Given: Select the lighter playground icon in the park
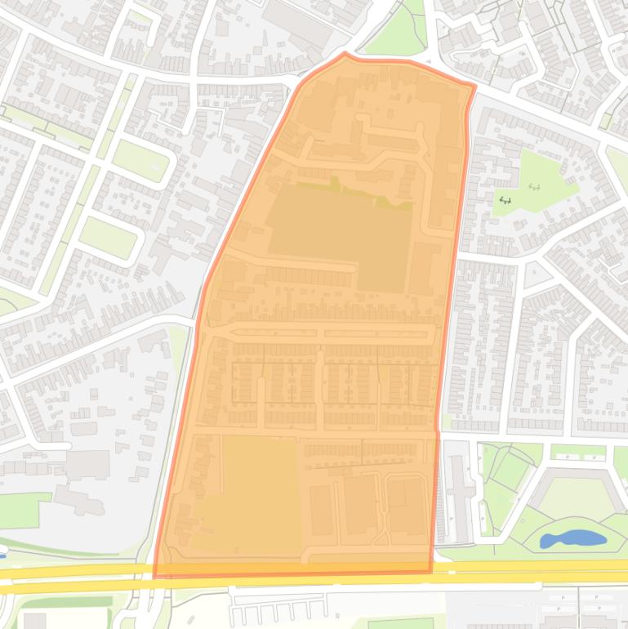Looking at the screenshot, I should click(535, 187).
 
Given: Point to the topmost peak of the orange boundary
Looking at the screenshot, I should click(345, 54).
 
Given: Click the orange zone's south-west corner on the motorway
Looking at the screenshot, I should click(155, 576).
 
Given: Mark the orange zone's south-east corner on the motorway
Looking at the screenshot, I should click(430, 570).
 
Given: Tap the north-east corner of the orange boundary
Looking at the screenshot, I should click(474, 85).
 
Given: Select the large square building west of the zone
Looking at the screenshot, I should click(87, 465).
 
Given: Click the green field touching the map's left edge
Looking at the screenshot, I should click(18, 511).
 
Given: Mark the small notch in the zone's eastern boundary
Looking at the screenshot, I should click(438, 424).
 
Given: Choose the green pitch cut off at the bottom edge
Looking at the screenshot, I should click(400, 623).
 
